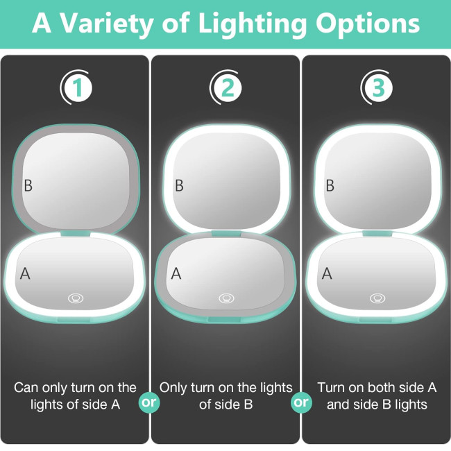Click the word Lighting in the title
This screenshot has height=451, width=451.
[253, 24]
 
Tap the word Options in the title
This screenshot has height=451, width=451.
[368, 23]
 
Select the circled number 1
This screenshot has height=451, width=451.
[78, 87]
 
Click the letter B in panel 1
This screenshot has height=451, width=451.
[28, 185]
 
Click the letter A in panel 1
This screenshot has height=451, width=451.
[25, 273]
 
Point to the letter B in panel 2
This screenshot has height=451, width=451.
[179, 185]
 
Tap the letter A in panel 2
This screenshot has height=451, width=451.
[176, 273]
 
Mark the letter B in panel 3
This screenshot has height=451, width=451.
[330, 185]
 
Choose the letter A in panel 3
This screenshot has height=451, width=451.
[327, 273]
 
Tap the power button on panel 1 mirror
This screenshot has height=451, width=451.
[76, 298]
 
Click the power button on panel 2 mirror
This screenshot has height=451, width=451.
[226, 298]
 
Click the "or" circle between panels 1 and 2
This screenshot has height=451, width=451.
[149, 402]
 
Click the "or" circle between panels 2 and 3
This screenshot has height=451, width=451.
[301, 402]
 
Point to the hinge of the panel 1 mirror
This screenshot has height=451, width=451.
[76, 234]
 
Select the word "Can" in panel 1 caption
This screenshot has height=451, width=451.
[26, 388]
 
